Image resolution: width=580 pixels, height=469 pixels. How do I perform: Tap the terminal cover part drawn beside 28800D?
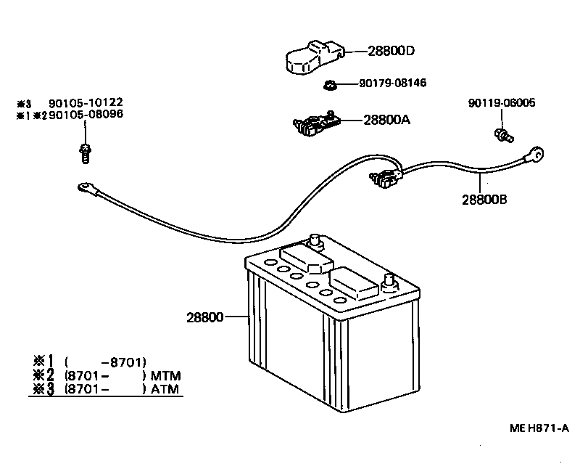tap(310, 57)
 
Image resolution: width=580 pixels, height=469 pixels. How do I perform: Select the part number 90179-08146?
tap(392, 83)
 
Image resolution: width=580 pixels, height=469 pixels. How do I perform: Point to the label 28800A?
tap(386, 119)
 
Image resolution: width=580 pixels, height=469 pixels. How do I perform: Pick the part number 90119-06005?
tap(502, 103)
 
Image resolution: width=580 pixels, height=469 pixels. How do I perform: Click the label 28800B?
tap(484, 198)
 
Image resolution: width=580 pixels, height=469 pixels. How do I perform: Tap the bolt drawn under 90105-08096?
tap(84, 152)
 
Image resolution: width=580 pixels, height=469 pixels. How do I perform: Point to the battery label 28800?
tap(204, 317)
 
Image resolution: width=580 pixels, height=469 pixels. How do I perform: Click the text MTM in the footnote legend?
tap(165, 375)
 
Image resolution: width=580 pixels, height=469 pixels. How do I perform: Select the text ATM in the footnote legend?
tap(165, 389)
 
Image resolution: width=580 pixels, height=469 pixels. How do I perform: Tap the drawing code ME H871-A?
tap(537, 428)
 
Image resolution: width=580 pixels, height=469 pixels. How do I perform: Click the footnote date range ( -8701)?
tap(105, 362)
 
